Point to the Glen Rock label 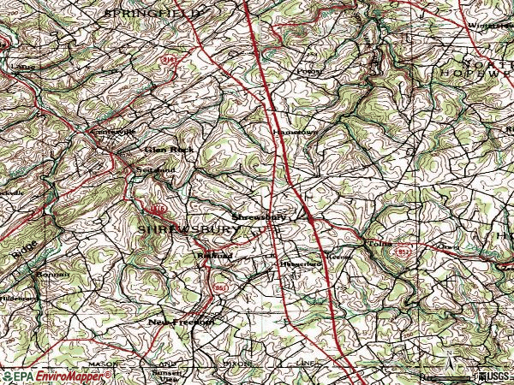169,149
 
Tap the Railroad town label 214,254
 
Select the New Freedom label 179,322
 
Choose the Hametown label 288,133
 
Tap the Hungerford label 301,264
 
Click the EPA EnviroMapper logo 46,376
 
